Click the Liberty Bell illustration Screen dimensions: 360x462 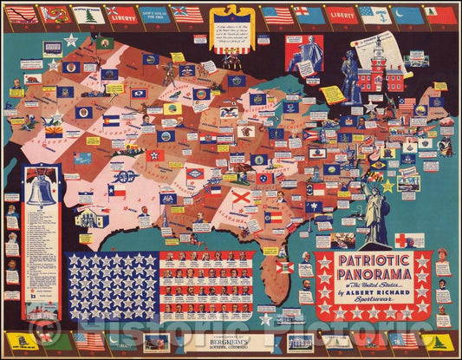41,186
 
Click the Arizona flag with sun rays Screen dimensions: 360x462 54,131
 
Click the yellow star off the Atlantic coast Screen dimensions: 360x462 387,186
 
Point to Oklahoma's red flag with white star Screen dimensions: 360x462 155,154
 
